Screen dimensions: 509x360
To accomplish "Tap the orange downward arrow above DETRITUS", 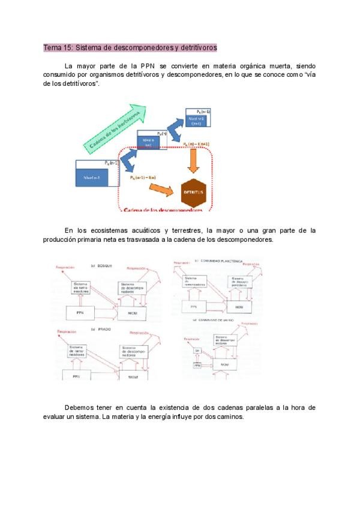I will tap(193, 160).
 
